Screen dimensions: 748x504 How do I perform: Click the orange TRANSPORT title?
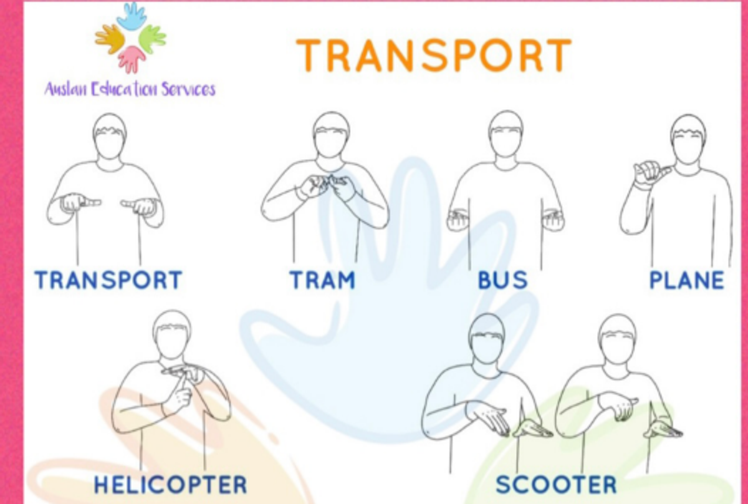coord(434,55)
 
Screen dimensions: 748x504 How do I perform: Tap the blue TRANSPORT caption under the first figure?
coord(108,280)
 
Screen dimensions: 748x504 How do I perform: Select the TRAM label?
coord(323,280)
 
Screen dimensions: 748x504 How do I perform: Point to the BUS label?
coord(503,280)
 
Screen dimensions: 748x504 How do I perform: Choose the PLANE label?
coord(687,280)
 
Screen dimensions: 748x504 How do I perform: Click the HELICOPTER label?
coord(171,485)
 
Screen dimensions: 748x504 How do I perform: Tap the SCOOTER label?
coord(556,485)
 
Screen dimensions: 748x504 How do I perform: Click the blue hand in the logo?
coord(132,16)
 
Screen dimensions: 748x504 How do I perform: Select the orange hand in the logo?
coord(110,39)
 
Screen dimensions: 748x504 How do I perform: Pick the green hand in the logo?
coord(152,39)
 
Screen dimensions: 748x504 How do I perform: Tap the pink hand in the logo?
coord(132,59)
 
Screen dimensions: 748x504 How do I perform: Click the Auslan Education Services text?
coord(130,89)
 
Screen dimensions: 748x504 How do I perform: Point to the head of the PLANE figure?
coord(688,139)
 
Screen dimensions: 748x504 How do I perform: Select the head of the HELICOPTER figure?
coord(172,335)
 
